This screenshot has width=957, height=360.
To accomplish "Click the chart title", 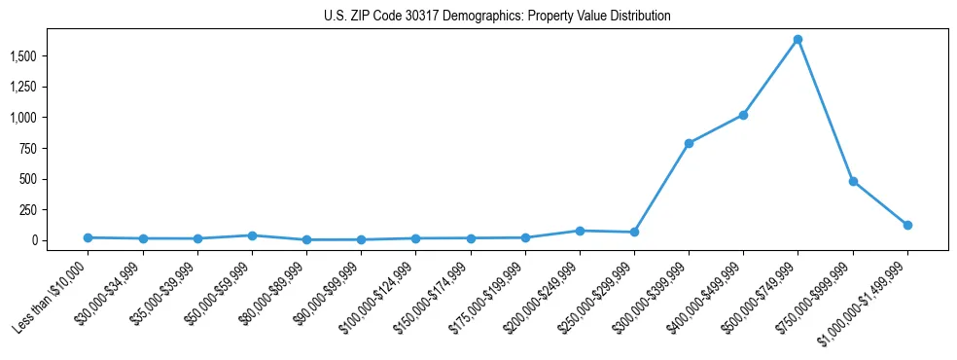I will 497,17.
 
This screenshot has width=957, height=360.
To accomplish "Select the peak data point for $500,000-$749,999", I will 797,40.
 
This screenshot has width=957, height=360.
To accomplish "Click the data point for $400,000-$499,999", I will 743,115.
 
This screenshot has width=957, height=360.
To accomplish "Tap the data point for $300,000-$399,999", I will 689,143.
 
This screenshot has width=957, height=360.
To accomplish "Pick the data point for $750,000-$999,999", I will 853,181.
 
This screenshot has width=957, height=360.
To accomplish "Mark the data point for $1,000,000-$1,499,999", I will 907,225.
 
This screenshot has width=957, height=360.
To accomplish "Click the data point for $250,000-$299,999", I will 634,232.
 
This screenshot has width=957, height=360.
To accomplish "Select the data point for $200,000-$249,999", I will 580,231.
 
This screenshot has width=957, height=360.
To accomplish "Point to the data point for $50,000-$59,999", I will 252,235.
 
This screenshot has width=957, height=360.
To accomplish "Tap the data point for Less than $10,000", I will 89,237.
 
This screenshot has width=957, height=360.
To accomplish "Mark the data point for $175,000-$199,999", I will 525,237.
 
